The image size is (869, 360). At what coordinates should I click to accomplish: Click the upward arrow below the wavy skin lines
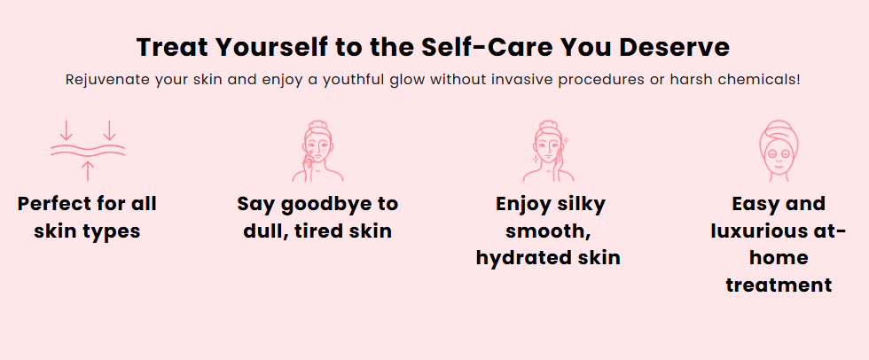click(88, 170)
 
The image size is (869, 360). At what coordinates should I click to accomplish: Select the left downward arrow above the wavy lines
click(66, 130)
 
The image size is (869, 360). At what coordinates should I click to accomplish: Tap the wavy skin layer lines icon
click(88, 150)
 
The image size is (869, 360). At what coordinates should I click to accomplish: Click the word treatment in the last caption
click(779, 286)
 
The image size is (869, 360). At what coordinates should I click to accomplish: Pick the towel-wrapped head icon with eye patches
click(779, 150)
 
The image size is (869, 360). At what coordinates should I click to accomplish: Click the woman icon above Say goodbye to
click(317, 150)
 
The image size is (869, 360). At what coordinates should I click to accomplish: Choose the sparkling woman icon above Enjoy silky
click(548, 150)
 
